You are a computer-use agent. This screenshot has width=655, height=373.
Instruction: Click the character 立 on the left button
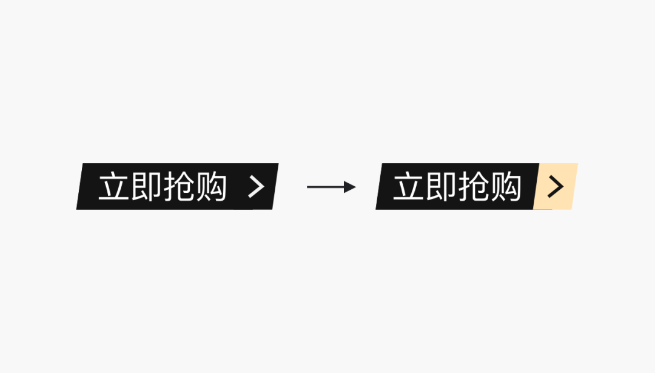pos(115,187)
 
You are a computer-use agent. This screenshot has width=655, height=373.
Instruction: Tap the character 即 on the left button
pos(147,187)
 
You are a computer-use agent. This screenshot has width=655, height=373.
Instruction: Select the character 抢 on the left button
pos(179,187)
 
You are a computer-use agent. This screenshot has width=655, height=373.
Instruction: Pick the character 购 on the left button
pos(211,187)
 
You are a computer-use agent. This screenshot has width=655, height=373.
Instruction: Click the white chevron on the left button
pos(257,187)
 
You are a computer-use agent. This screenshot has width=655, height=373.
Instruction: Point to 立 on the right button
pos(409,187)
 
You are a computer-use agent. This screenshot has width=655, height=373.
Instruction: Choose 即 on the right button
pos(442,187)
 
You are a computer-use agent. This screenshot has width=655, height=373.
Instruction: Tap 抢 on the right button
pos(474,187)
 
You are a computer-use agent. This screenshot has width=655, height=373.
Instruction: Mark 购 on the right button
pos(506,187)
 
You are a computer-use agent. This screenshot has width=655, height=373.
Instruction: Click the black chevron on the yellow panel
pos(556,187)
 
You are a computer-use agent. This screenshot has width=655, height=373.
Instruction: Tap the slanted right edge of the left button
pos(275,187)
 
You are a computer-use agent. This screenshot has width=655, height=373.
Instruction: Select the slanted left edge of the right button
pos(380,187)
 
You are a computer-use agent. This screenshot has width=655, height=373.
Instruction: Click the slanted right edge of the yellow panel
pos(574,187)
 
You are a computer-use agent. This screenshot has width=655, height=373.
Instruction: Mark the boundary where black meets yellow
pos(537,187)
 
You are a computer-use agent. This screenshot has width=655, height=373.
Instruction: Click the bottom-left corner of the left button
pos(77,209)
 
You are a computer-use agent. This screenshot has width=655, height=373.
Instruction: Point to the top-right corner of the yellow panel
pos(577,164)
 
